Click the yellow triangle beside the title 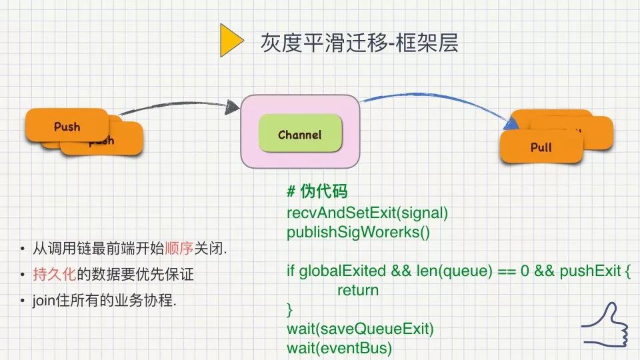point(231,41)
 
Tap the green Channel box point(300,135)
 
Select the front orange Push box point(67,126)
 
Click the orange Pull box point(541,147)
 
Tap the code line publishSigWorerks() point(359,232)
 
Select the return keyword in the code point(358,290)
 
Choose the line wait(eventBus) point(340,348)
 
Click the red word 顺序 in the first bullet point(182,249)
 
